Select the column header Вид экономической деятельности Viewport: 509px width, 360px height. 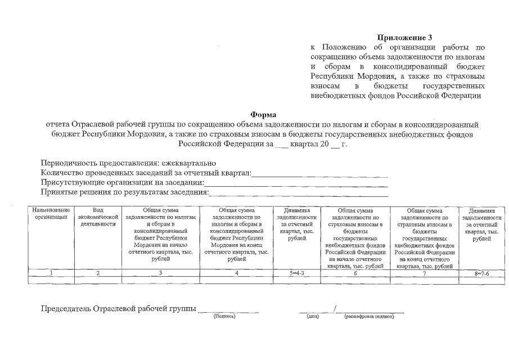(x=97, y=217)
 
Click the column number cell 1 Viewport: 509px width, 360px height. (x=51, y=273)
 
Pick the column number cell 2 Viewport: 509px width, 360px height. (x=97, y=273)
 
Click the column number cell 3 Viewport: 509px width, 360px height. (x=160, y=273)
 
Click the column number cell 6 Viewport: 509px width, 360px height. (x=355, y=273)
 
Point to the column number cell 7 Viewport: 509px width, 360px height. (x=425, y=273)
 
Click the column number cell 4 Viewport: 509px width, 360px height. (x=237, y=273)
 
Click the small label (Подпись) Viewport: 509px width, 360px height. (x=224, y=316)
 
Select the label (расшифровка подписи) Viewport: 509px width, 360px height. (x=369, y=316)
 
